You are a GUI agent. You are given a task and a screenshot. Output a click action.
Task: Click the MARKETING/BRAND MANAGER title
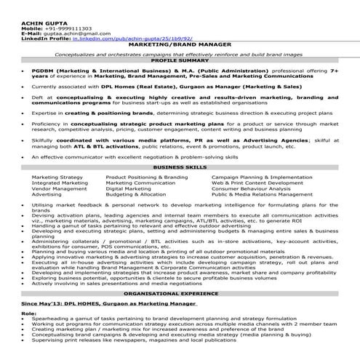(x=179, y=45)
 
